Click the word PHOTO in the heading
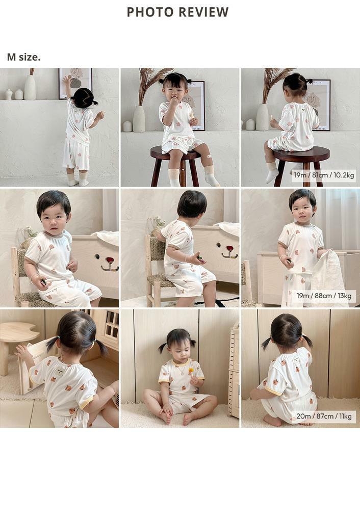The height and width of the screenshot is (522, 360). click(148, 12)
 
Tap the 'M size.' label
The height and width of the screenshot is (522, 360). click(23, 57)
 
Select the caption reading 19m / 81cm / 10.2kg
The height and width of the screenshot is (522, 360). click(324, 175)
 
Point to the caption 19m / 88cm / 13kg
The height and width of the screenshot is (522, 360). click(324, 296)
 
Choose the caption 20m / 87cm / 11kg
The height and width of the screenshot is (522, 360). click(324, 416)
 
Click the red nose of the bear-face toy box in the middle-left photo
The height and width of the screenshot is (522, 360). click(109, 259)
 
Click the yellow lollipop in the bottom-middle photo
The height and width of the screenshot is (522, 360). click(191, 370)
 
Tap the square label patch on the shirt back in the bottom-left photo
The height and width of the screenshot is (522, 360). click(59, 371)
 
